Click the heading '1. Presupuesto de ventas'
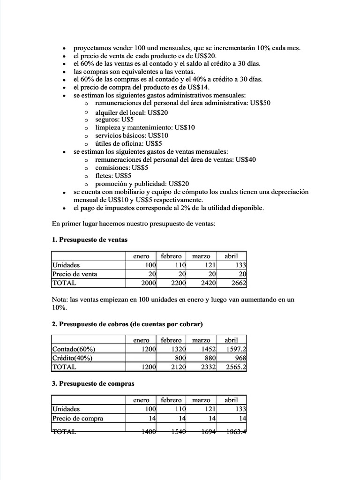coord(90,240)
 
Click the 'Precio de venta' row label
coord(75,274)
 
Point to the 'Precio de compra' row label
coord(77,418)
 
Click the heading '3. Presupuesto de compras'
coord(93,383)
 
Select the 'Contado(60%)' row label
coord(74,349)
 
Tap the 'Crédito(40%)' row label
coord(72,358)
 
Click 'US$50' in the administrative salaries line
coord(261,103)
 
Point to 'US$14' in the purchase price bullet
coord(200,87)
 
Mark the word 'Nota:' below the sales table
coord(60,300)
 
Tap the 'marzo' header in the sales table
coord(201,256)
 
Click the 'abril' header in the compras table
coord(231,400)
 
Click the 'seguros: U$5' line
coord(114,120)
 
